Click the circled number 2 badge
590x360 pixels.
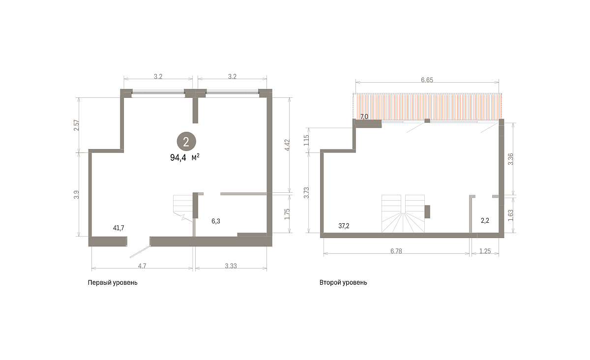pyautogui.click(x=186, y=142)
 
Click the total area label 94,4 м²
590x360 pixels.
pyautogui.click(x=185, y=157)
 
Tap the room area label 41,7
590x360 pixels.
pyautogui.click(x=118, y=228)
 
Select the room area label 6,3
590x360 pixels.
pyautogui.click(x=216, y=221)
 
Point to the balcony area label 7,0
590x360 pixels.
pyautogui.click(x=364, y=117)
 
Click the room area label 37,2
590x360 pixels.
pyautogui.click(x=344, y=226)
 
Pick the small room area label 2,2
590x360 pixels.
pyautogui.click(x=485, y=221)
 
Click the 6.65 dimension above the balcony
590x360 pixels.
pyautogui.click(x=427, y=80)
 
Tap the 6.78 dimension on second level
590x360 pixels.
pyautogui.click(x=396, y=251)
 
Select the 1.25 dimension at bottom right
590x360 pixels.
pyautogui.click(x=485, y=251)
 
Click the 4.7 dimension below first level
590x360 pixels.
pyautogui.click(x=142, y=266)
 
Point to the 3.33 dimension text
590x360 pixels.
pyautogui.click(x=231, y=266)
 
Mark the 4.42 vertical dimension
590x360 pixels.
pyautogui.click(x=287, y=145)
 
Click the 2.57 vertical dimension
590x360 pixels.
pyautogui.click(x=76, y=125)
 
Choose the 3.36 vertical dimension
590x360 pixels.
pyautogui.click(x=510, y=159)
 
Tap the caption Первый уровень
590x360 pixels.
pyautogui.click(x=113, y=283)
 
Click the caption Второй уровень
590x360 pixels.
pyautogui.click(x=343, y=282)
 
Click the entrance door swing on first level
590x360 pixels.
pyautogui.click(x=140, y=252)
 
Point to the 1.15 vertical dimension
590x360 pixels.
pyautogui.click(x=306, y=140)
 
